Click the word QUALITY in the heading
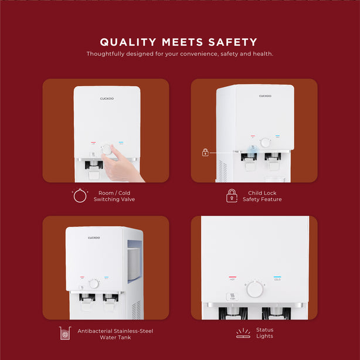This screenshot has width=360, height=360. pos(128,42)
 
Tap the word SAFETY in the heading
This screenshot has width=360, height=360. pos(233,42)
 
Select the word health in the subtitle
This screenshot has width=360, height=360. pos(263,54)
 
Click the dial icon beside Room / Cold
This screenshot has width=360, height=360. pos(80,196)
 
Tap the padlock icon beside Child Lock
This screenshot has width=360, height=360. pos(232,196)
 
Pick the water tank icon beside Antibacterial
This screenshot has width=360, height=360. pos(65,333)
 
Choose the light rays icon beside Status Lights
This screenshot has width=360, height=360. pos(243,333)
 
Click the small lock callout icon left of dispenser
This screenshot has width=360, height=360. pos(205,152)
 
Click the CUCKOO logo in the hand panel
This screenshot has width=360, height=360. pos(107,99)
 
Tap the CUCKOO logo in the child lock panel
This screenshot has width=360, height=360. pos(265,96)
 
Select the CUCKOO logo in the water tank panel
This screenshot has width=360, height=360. pos(94,237)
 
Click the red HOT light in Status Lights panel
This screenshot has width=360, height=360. pos(232,277)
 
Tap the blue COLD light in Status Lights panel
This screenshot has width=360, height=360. pos(277,277)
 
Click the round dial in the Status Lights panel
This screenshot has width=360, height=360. pos(255,289)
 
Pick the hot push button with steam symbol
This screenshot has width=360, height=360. pos(232,297)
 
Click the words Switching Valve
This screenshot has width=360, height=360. pos(114,199)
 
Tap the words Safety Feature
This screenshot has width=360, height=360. pos(262,199)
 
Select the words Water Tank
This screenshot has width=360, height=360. pos(116,338)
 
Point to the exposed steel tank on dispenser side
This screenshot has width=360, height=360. pos(134,261)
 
